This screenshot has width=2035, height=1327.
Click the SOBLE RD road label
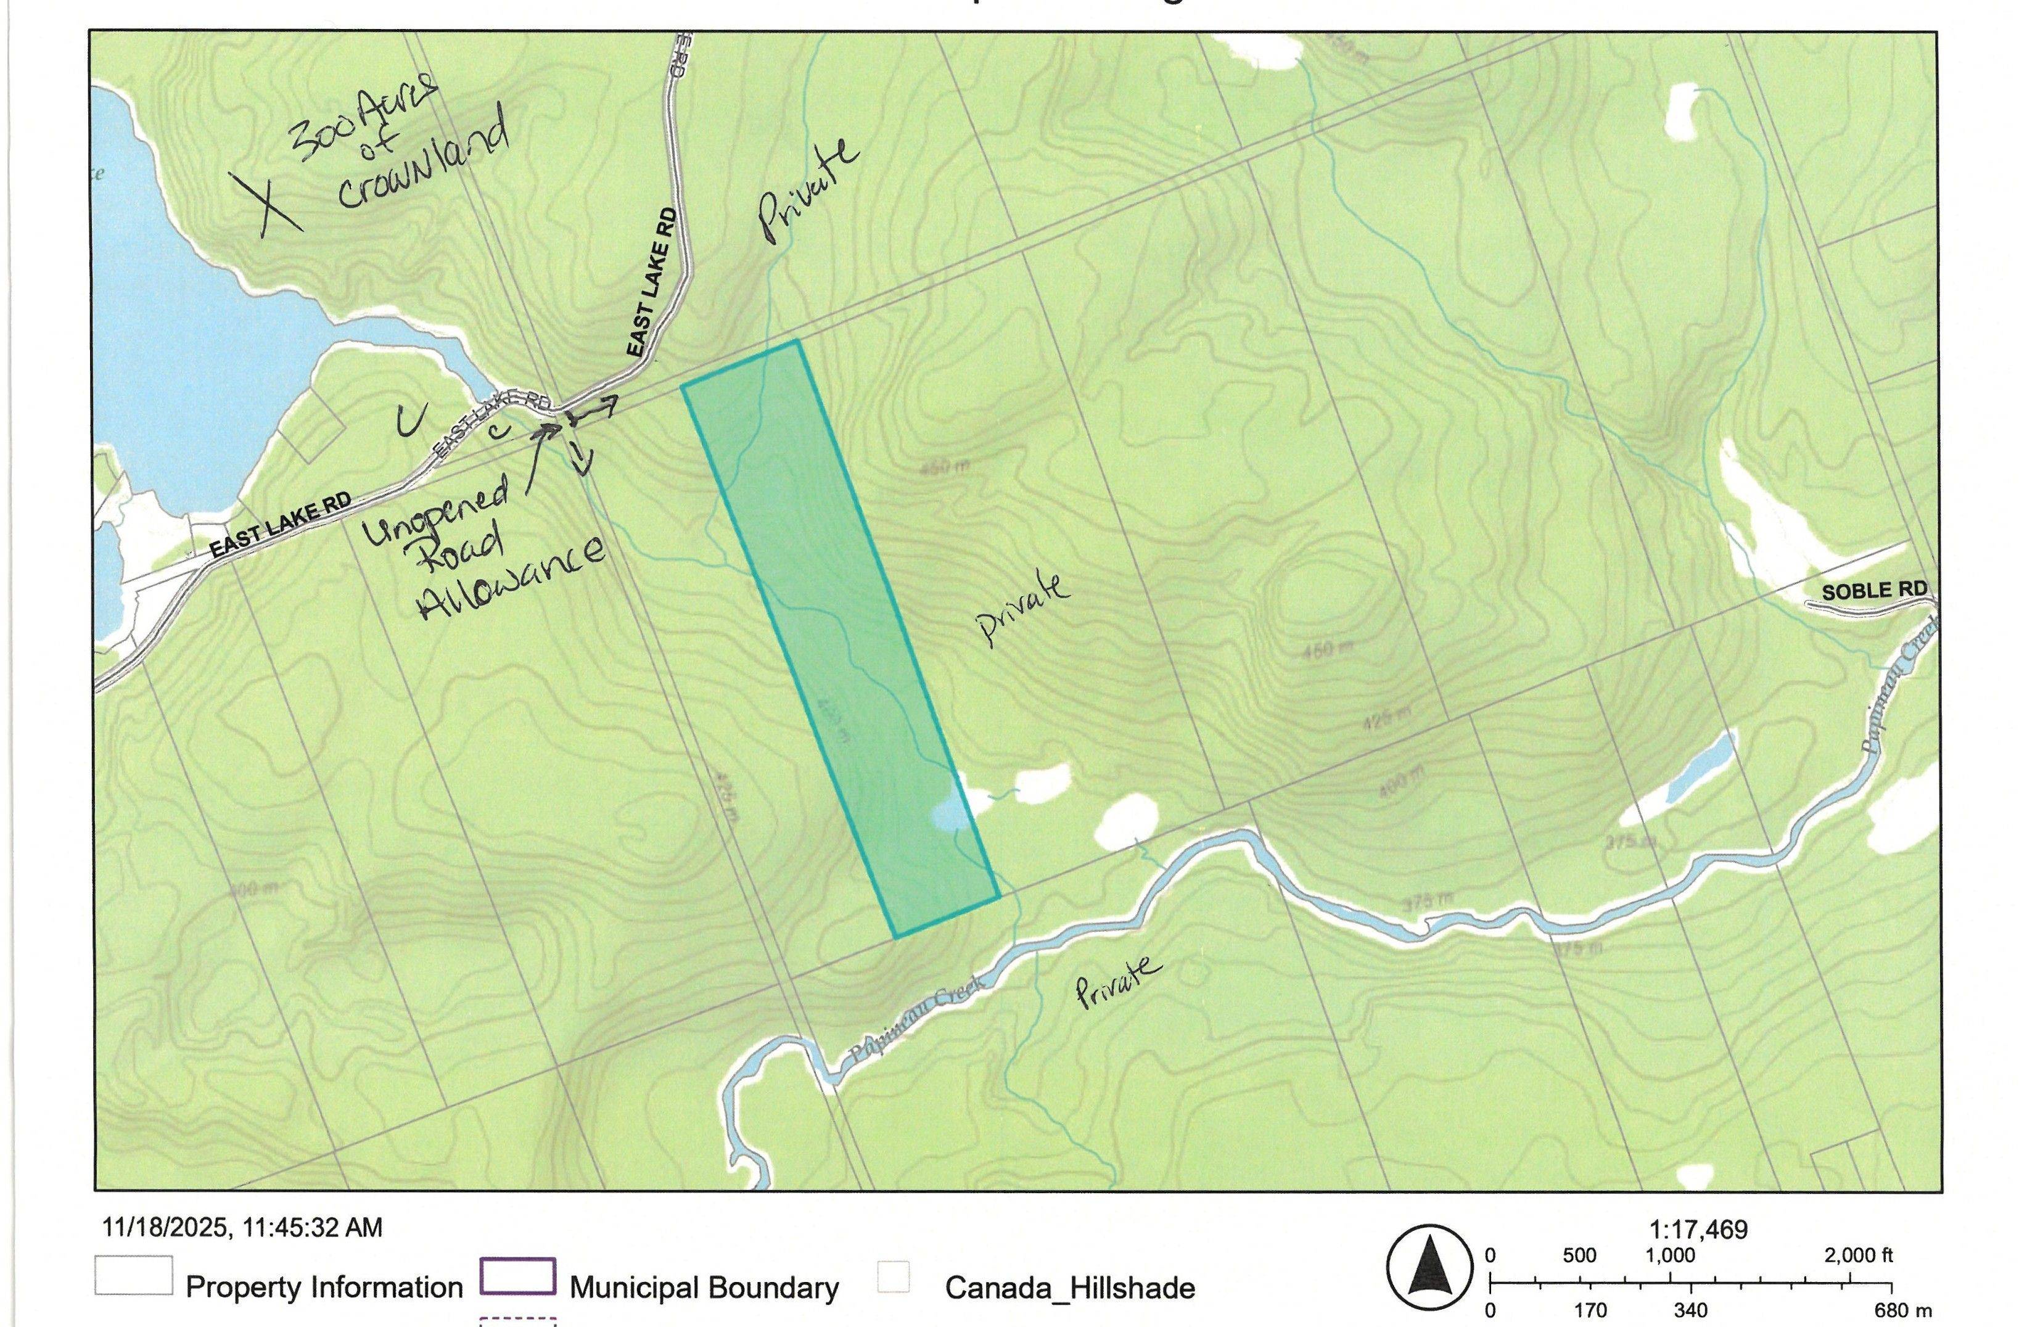pyautogui.click(x=1873, y=591)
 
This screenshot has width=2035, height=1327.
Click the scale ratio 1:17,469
pyautogui.click(x=1697, y=1230)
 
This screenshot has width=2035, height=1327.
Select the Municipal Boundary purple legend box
pyautogui.click(x=518, y=1276)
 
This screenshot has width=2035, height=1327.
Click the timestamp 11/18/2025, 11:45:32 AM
pyautogui.click(x=242, y=1228)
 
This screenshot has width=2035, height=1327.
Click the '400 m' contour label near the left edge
pyautogui.click(x=254, y=889)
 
